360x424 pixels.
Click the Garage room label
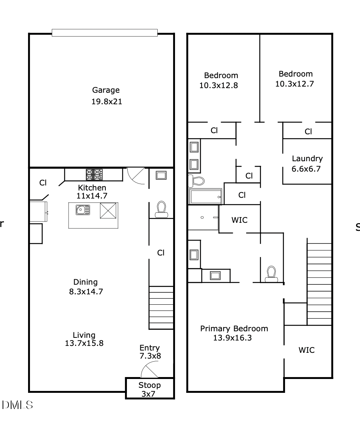(x=106, y=90)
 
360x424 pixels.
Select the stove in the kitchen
(x=94, y=175)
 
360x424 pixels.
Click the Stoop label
(x=150, y=385)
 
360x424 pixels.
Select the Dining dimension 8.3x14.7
(x=86, y=291)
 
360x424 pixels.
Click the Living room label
(x=84, y=335)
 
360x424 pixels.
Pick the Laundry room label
(x=307, y=159)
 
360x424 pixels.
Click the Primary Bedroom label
(x=234, y=329)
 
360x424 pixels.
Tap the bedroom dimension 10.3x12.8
(x=218, y=85)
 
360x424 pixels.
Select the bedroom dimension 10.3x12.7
(x=295, y=83)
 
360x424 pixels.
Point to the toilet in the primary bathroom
(x=272, y=274)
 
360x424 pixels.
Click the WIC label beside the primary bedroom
(x=307, y=350)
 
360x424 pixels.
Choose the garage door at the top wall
(x=105, y=33)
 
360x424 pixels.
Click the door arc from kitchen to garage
(x=135, y=175)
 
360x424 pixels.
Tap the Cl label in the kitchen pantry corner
(x=43, y=183)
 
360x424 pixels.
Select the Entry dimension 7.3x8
(x=150, y=356)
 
